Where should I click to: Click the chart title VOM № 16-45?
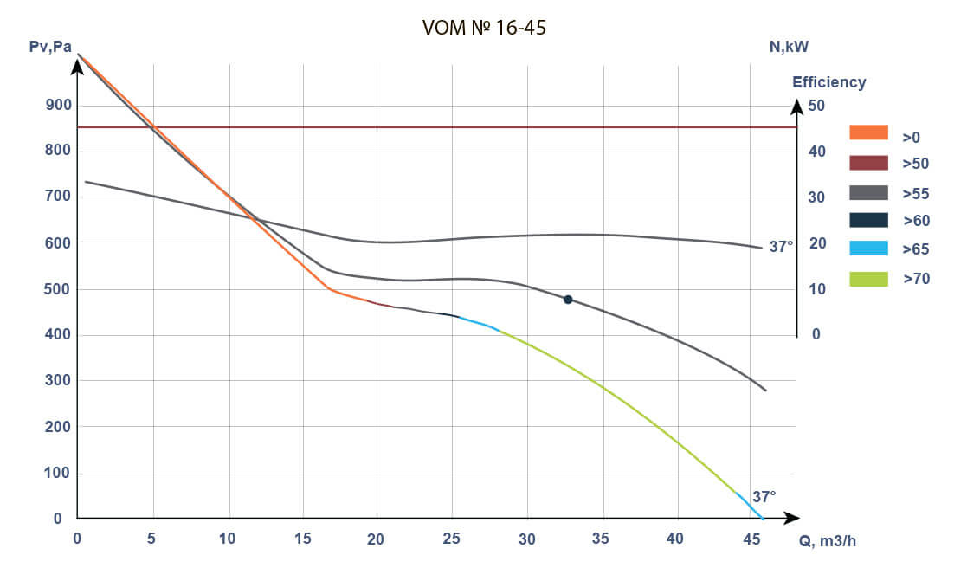[484, 29]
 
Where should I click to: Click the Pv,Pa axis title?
[50, 47]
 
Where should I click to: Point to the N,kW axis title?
[789, 47]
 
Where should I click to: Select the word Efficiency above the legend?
[828, 82]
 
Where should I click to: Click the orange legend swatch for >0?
[868, 132]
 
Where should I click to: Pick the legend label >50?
[915, 164]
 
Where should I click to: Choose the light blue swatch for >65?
[868, 249]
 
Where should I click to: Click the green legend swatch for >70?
[868, 279]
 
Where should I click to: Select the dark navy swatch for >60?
[868, 220]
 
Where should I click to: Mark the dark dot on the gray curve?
[568, 300]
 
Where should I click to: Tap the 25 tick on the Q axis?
[451, 539]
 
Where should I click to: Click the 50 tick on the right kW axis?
[816, 106]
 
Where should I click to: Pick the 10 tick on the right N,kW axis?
[816, 289]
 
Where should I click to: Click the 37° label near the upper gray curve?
[781, 247]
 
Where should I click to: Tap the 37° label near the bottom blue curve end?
[764, 497]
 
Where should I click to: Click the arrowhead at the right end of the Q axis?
[791, 519]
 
